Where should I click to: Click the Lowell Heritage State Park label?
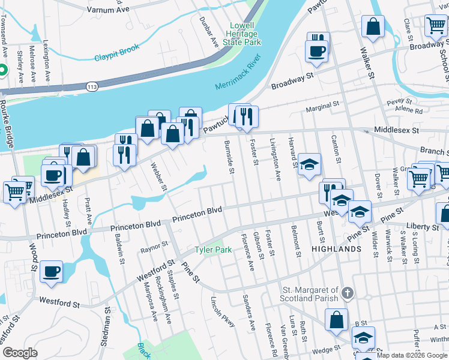(x=246, y=34)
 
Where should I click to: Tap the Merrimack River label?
(x=239, y=73)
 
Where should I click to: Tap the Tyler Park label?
(x=212, y=249)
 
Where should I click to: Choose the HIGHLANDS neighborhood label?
(x=336, y=248)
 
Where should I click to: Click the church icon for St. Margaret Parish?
(x=347, y=293)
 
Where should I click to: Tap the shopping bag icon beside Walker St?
(x=373, y=26)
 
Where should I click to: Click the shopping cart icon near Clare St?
(x=435, y=25)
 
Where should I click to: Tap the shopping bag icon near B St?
(x=336, y=319)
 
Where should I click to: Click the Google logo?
(x=20, y=352)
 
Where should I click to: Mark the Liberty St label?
(x=423, y=227)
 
